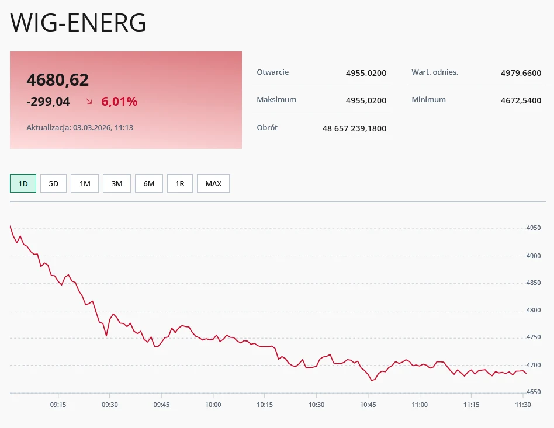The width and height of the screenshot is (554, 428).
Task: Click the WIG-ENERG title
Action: click(x=78, y=23)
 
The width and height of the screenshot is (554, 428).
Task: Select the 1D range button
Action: click(x=23, y=183)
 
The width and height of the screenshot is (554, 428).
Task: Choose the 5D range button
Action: click(x=53, y=183)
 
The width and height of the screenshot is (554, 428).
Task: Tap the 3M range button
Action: click(x=117, y=183)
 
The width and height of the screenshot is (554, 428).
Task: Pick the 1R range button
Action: click(x=180, y=183)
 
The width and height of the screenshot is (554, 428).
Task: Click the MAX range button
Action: click(x=213, y=183)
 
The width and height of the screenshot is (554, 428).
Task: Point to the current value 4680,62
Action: click(x=58, y=80)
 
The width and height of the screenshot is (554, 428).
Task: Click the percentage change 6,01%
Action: click(x=119, y=102)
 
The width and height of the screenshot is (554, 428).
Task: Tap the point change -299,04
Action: click(x=48, y=102)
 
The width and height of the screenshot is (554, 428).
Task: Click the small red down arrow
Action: click(x=89, y=102)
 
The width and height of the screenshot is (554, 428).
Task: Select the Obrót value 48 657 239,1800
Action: click(x=354, y=128)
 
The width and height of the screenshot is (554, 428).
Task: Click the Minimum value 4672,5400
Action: click(x=521, y=100)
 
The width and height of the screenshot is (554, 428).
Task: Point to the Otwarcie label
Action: click(x=273, y=72)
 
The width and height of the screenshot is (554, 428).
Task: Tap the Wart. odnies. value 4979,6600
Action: click(x=521, y=73)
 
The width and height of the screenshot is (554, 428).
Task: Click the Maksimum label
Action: click(x=276, y=100)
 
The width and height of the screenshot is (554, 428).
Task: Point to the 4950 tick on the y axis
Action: click(x=534, y=228)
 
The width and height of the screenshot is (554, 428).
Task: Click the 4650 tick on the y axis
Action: click(x=534, y=392)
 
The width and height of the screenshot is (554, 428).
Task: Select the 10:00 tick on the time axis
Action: click(x=213, y=405)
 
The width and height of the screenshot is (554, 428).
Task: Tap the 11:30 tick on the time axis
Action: click(x=522, y=405)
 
